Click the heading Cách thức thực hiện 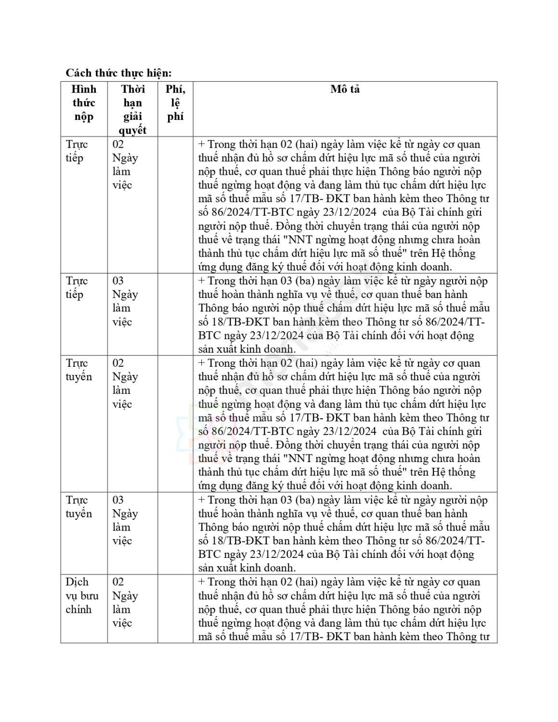click(118, 73)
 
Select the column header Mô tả click(345, 89)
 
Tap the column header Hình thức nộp click(84, 103)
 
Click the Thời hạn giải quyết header click(132, 109)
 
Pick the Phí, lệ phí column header click(175, 103)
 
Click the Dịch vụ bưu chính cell click(82, 595)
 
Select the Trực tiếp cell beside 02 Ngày click(77, 151)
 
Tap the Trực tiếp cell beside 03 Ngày click(77, 287)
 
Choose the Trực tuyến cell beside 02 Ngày click(78, 370)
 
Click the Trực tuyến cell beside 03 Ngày click(78, 506)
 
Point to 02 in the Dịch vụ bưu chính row click(118, 582)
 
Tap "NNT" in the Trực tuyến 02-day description click(298, 459)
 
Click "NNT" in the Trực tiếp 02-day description click(298, 240)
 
